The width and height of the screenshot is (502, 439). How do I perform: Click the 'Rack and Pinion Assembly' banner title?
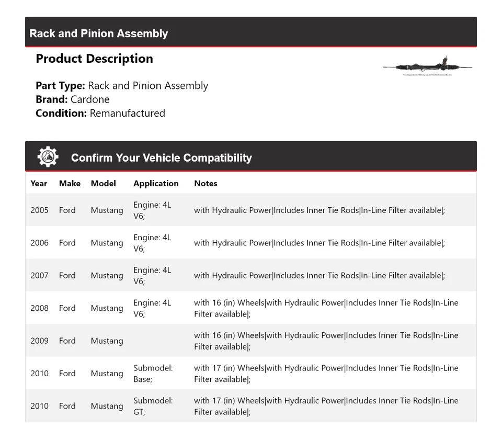pos(99,33)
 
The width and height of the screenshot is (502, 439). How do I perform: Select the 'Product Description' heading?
pos(94,59)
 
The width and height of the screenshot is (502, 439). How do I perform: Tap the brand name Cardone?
pos(90,99)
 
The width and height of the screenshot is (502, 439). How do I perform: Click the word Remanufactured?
pos(127,113)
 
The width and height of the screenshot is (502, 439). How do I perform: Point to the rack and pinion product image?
pos(427,67)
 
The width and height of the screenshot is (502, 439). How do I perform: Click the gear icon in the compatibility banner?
pos(48,157)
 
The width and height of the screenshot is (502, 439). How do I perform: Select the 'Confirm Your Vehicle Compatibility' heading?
pos(161,157)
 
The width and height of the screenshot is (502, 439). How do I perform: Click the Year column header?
pos(39,183)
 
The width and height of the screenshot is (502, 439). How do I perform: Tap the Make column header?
pos(70,183)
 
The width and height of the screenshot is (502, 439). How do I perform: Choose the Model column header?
pos(103,183)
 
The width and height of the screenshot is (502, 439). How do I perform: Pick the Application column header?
pos(156,183)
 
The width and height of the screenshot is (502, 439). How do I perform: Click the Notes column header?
pos(206,183)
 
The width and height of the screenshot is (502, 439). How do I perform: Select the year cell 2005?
pos(39,210)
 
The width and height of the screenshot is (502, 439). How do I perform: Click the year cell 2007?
pos(39,275)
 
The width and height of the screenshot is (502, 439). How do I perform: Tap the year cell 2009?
pos(39,341)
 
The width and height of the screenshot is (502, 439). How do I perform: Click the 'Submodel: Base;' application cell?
pos(153,373)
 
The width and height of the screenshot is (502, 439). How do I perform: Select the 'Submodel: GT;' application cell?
pos(153,406)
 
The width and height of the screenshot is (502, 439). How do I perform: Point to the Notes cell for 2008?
pos(326,308)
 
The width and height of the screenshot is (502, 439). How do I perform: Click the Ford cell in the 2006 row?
pos(67,243)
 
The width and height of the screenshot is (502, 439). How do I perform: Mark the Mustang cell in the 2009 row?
pos(107,341)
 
